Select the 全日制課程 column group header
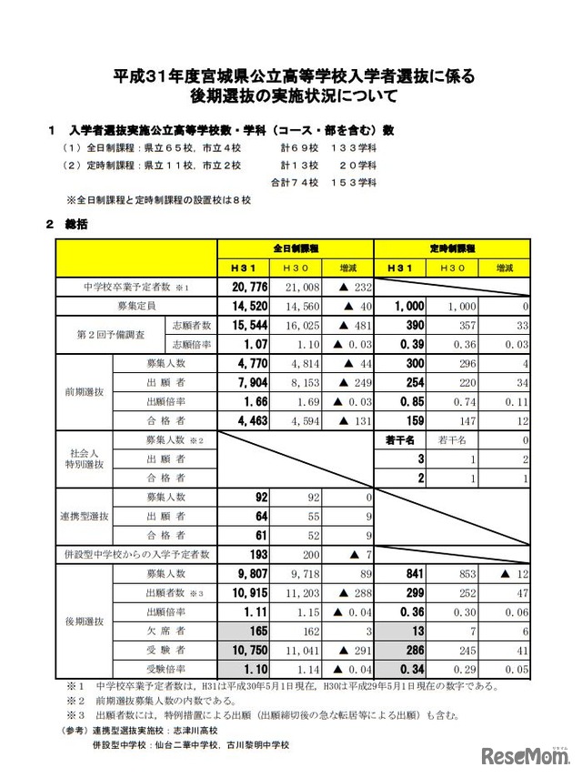click(x=296, y=248)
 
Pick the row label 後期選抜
click(x=83, y=621)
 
